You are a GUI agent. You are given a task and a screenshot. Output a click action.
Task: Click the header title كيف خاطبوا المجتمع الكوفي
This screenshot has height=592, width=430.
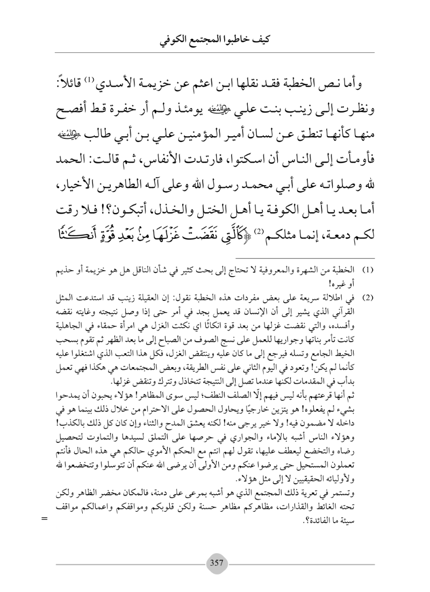pyautogui.click(x=215, y=40)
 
